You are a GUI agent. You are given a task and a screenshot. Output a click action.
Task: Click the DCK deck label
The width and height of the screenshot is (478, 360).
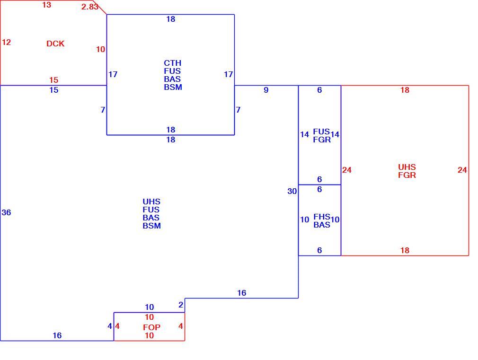pos(55,44)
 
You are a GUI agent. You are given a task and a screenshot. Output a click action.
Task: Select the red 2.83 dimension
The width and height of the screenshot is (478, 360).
pos(89,7)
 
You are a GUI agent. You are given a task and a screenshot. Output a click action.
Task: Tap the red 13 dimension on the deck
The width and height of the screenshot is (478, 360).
pos(47,5)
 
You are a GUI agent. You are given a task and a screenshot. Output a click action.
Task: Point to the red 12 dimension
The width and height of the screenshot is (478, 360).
pos(7,42)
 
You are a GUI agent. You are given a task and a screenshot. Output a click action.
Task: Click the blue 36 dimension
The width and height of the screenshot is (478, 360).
pos(7,212)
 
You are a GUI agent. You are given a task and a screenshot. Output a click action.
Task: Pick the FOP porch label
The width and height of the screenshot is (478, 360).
pos(151,327)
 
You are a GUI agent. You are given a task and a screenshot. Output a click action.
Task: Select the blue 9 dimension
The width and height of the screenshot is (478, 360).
pos(266,90)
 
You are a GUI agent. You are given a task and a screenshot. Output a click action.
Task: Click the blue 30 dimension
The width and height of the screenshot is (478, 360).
pos(292,191)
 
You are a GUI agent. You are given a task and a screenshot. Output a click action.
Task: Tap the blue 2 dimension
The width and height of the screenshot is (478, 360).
pos(181,305)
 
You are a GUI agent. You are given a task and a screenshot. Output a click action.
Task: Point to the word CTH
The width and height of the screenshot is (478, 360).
pos(173,63)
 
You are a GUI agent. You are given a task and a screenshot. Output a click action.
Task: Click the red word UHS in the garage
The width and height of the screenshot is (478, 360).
pos(407,167)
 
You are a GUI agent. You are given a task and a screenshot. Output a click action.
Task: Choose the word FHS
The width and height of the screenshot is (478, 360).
pos(322,217)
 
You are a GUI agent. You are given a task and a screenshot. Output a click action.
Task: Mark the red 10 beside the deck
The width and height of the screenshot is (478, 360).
pos(101,49)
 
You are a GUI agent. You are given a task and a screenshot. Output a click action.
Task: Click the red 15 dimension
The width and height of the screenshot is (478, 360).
pos(53,80)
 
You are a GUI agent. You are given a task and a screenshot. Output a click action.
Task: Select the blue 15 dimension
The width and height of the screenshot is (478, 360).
pos(53,90)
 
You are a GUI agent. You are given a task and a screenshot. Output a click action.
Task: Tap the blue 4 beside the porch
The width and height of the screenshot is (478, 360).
pos(110,326)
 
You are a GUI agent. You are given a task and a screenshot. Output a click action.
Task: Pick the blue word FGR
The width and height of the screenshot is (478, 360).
pos(322,140)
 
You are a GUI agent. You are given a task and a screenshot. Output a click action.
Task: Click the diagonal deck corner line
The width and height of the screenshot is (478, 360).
pos(100,7)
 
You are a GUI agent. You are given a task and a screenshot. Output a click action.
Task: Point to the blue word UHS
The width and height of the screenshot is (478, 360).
pos(151,202)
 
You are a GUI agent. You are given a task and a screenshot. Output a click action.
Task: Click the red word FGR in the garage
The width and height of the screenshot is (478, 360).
pos(407,176)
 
